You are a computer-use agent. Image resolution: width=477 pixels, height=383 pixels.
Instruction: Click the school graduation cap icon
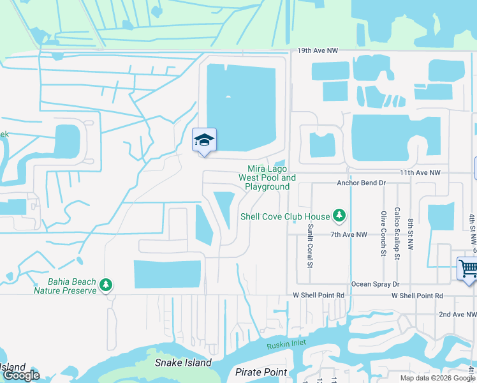coord(204,140)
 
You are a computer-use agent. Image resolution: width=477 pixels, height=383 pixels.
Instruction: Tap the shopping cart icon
coord(467,268)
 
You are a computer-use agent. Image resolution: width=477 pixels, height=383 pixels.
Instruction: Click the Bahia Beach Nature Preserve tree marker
coord(106,284)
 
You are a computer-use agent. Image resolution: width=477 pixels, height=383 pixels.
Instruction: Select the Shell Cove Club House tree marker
coord(340,216)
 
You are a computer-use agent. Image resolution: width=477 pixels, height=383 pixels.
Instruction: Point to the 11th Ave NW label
coord(420,173)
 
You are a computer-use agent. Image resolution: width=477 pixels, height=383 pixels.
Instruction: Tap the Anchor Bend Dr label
coord(361,183)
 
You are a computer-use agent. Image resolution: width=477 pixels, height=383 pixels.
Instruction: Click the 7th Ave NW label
coord(349,235)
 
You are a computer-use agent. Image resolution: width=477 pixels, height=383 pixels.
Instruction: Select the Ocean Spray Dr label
coord(375,284)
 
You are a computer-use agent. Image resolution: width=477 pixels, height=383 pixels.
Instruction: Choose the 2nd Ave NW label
coord(457,314)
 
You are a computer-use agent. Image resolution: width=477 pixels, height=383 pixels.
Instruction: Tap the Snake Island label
coord(183,363)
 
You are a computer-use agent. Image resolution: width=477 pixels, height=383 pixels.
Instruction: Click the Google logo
coord(21,375)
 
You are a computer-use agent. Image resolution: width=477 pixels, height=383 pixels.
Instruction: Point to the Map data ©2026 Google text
coord(437,378)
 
